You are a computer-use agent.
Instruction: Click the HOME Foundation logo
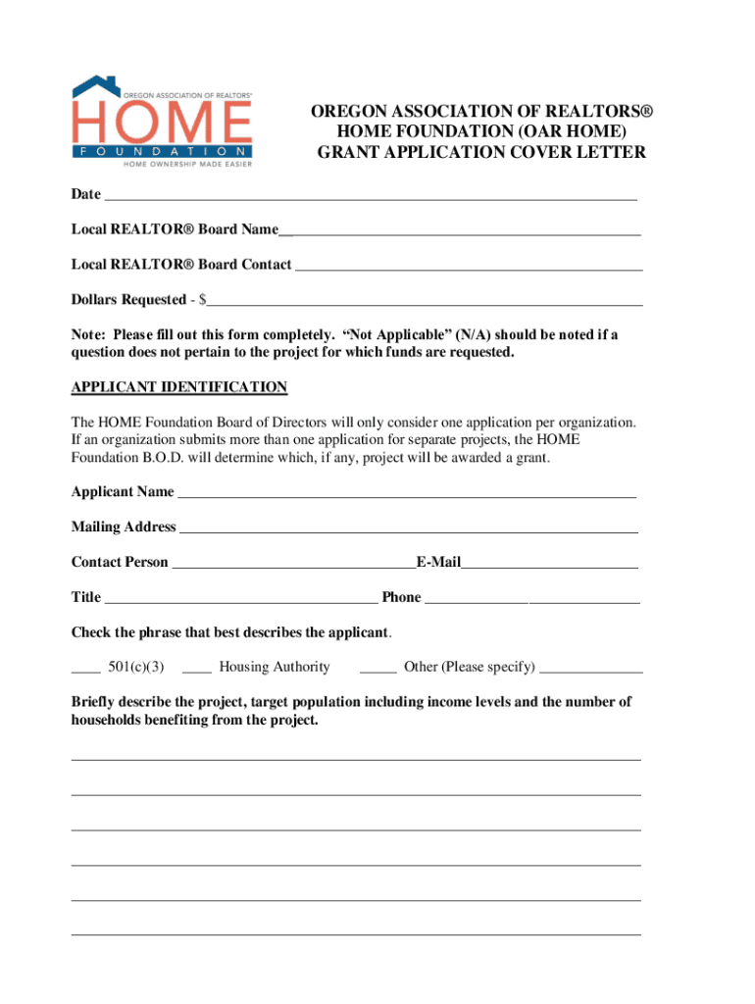tap(162, 122)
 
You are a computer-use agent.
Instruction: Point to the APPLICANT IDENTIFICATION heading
tap(179, 387)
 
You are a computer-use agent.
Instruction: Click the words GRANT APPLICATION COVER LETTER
tap(480, 152)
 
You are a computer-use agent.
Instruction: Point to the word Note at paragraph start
tap(86, 334)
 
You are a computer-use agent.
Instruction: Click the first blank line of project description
tap(356, 758)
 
